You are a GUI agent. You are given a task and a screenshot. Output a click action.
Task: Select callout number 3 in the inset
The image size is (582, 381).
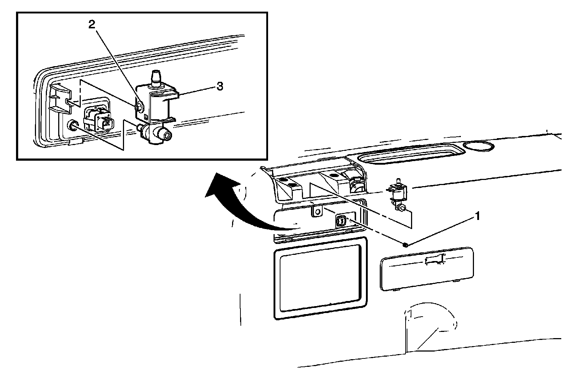(219, 87)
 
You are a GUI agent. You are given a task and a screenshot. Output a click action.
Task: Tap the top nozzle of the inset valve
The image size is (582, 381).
(155, 78)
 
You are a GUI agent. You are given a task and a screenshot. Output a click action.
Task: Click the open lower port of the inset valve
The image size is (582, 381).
(167, 136)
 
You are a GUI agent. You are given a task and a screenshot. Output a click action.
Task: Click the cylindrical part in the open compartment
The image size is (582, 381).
(355, 185)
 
